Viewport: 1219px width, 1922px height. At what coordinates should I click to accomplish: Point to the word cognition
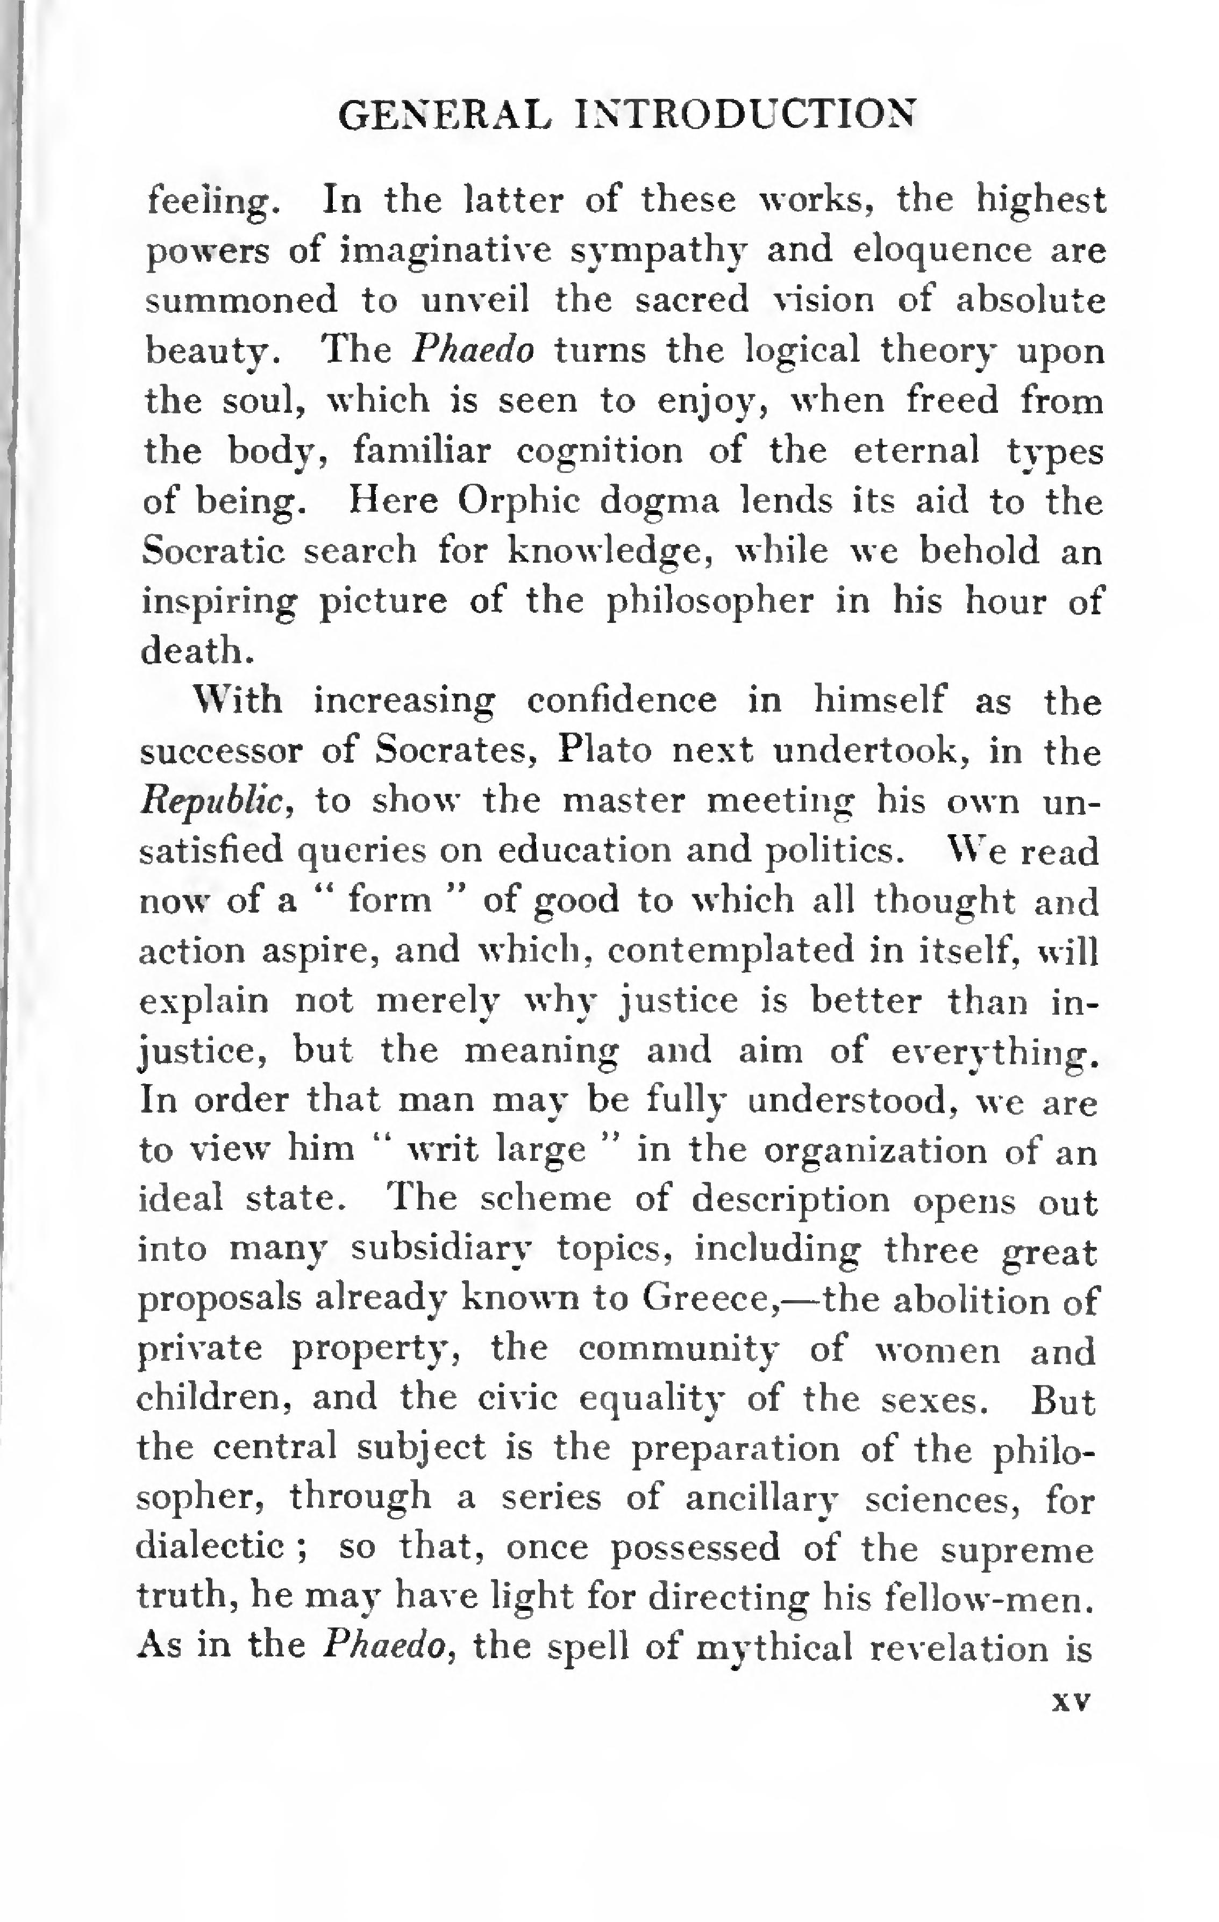[x=600, y=453]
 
